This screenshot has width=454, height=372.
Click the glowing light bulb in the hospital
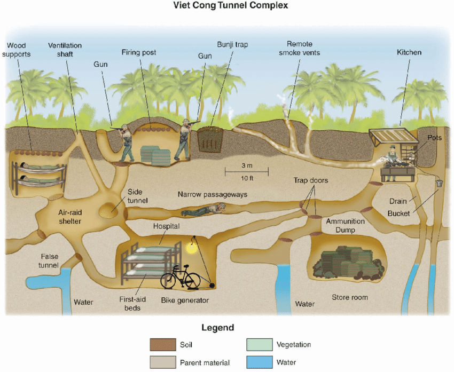point(190,247)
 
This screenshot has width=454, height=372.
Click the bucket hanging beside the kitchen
point(439,183)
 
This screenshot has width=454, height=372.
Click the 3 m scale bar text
point(246,164)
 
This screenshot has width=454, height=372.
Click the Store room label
point(350,297)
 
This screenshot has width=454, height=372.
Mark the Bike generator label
point(185,300)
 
